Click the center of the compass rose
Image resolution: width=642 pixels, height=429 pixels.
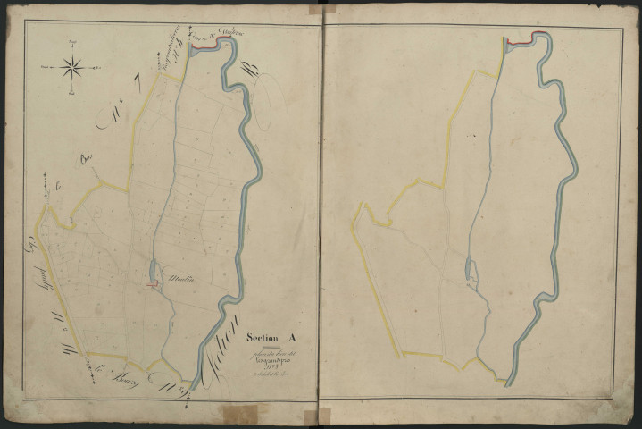pyautogui.click(x=73, y=66)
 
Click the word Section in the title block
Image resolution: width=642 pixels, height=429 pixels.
pyautogui.click(x=263, y=338)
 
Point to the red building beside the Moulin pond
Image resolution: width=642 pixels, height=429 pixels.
pyautogui.click(x=154, y=285)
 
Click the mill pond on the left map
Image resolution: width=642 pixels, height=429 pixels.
pyautogui.click(x=153, y=270)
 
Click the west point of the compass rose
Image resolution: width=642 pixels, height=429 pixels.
pyautogui.click(x=50, y=66)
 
